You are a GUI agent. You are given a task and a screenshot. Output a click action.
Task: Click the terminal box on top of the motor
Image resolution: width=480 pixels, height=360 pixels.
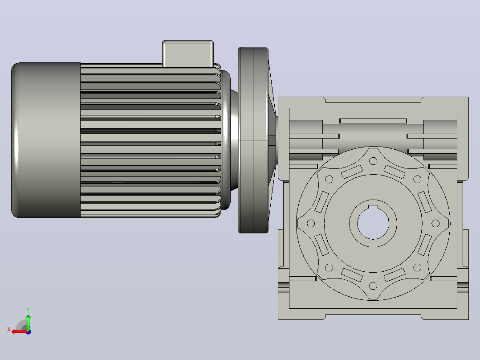point(187,53)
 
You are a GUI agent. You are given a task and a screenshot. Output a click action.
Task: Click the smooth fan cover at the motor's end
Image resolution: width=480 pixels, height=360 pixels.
point(46,140)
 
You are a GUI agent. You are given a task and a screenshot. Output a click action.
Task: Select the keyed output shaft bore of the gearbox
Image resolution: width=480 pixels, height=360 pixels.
point(373,223)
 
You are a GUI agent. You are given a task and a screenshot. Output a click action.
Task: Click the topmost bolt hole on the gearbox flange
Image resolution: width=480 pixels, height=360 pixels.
point(373,161)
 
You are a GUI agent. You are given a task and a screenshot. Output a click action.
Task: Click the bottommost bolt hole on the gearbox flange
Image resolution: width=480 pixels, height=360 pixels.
point(373,286)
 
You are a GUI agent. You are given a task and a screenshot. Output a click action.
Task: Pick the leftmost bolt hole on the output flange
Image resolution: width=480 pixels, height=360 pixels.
point(311,223)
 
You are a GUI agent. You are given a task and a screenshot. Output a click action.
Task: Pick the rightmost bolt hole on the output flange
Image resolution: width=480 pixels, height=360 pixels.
point(435,223)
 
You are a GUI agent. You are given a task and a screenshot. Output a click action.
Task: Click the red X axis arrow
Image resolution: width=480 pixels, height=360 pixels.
point(20,332)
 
